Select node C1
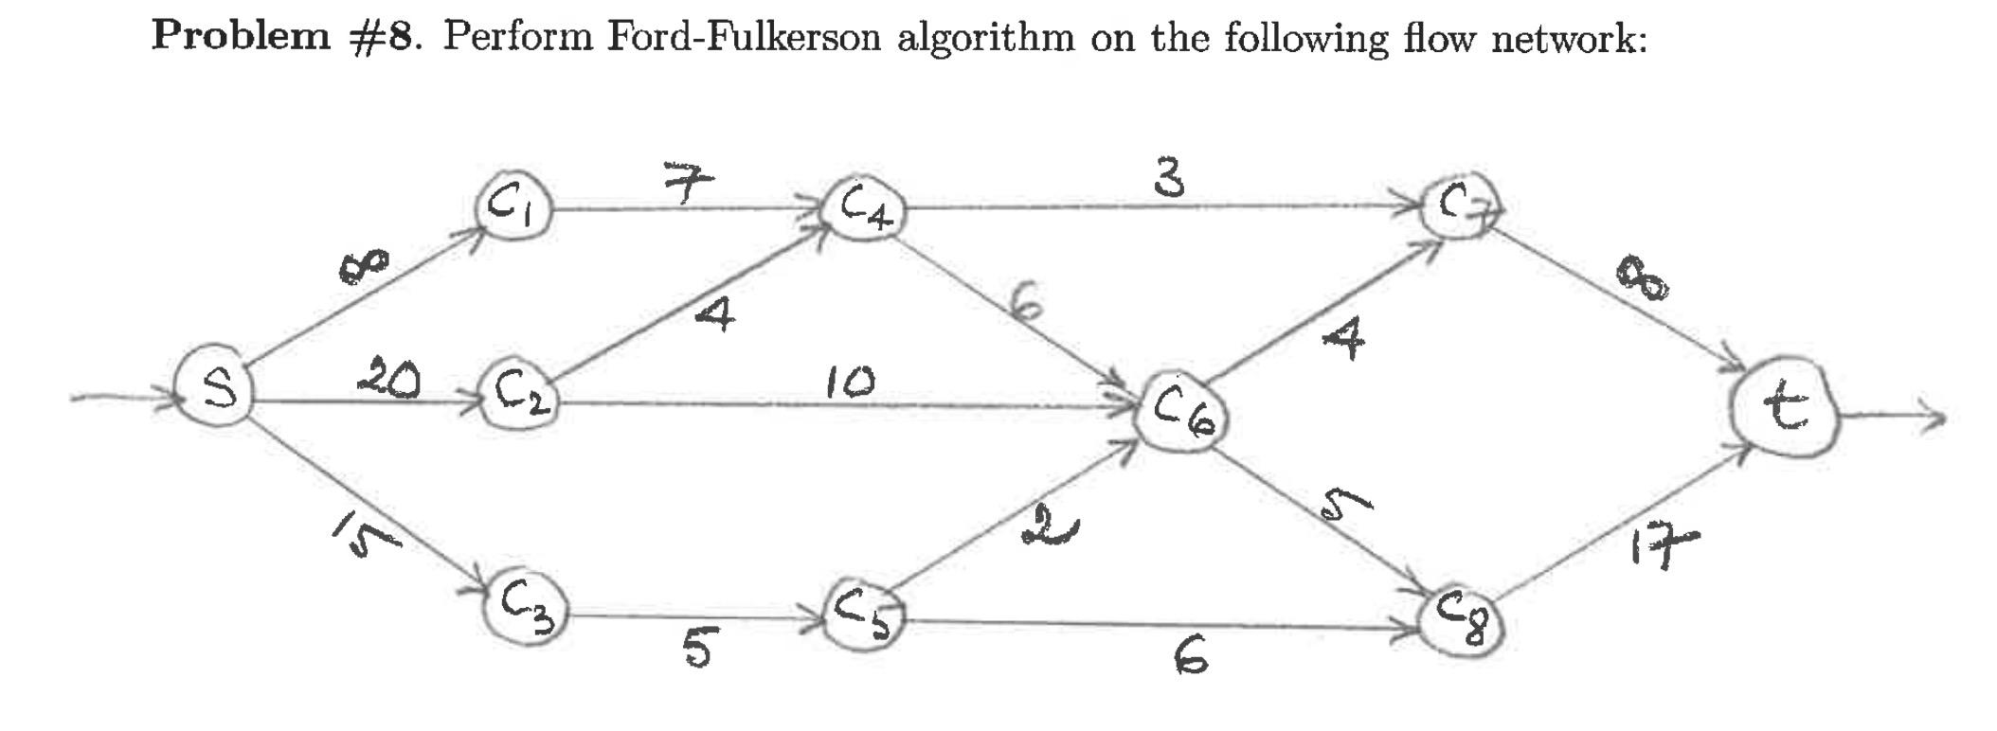pyautogui.click(x=514, y=205)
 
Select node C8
pyautogui.click(x=1464, y=622)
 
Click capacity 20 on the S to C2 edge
pyautogui.click(x=388, y=380)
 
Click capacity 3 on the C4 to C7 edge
pyautogui.click(x=1171, y=177)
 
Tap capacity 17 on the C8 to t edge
pyautogui.click(x=1664, y=546)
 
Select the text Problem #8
pyautogui.click(x=285, y=37)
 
